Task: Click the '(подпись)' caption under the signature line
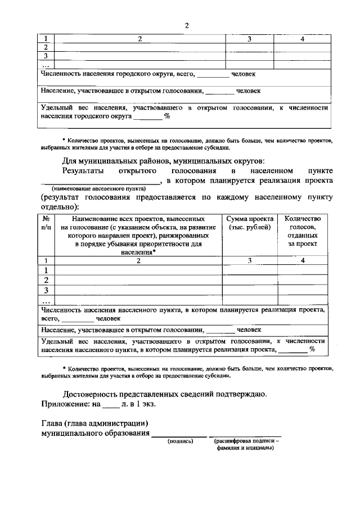[180, 442]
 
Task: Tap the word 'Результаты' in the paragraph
[83, 170]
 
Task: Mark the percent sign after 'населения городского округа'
[166, 117]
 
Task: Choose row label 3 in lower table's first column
[47, 290]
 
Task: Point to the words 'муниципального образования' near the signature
[96, 434]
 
